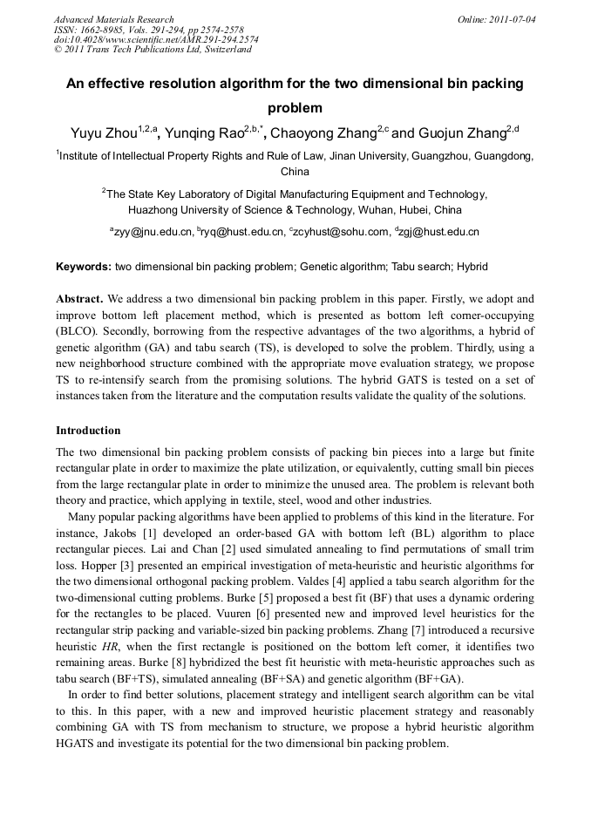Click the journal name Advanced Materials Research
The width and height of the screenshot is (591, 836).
[113, 19]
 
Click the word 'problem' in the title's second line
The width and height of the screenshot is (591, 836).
[295, 109]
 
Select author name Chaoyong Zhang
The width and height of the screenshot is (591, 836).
[323, 133]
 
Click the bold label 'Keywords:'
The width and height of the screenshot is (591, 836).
[84, 266]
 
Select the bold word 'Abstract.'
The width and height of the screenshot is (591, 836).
[80, 298]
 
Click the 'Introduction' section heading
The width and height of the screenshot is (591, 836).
[88, 431]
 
